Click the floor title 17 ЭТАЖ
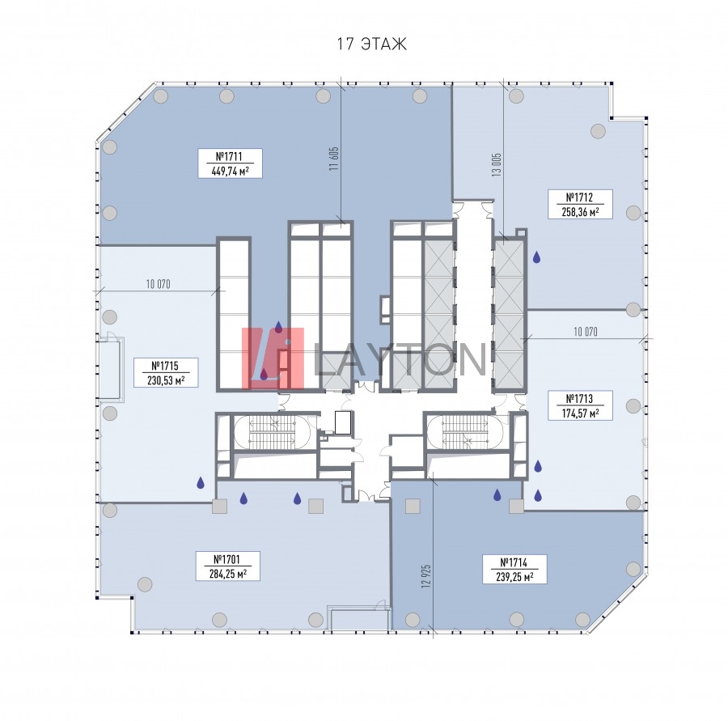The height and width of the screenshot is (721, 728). [x=371, y=44]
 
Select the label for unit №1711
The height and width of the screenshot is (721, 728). [x=230, y=156]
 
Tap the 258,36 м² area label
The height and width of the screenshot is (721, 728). [x=580, y=212]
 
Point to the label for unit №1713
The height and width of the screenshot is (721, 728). [x=579, y=399]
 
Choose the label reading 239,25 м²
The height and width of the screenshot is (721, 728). [x=514, y=576]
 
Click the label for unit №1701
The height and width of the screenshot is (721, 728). [x=227, y=559]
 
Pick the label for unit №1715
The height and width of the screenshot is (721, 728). [x=165, y=366]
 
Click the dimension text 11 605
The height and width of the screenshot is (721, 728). [x=334, y=159]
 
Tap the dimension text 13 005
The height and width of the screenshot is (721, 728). [x=497, y=164]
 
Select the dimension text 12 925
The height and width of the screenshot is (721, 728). [x=426, y=576]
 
